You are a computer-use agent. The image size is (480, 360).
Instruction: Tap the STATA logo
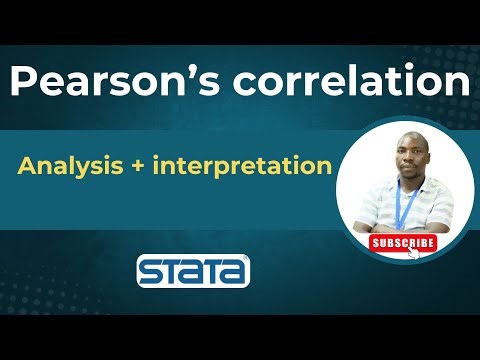coord(193,270)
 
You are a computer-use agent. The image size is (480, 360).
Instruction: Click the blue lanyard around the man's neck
coord(403,205)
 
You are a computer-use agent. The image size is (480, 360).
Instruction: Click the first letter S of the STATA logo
coord(149,271)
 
